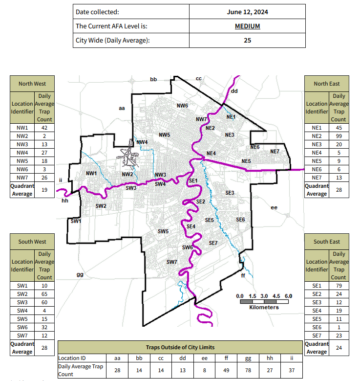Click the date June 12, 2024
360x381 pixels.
click(x=247, y=12)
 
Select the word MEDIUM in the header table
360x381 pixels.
click(x=247, y=26)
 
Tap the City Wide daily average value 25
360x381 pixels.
click(x=247, y=40)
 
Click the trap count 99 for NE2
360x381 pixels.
click(x=338, y=135)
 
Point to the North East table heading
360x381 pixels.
click(x=327, y=83)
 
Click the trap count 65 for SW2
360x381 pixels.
click(x=44, y=293)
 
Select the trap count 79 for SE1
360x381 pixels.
click(x=338, y=285)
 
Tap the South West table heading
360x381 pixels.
click(x=33, y=241)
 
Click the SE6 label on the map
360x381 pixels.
click(x=240, y=220)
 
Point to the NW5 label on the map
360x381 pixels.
click(x=164, y=134)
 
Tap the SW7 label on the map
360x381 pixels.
click(x=171, y=262)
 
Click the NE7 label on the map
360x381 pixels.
click(x=275, y=152)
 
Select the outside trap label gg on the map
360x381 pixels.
click(x=80, y=275)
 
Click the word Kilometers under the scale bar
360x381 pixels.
click(x=264, y=307)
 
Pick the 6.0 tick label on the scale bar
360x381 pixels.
click(x=288, y=296)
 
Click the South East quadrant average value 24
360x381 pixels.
click(x=338, y=348)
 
